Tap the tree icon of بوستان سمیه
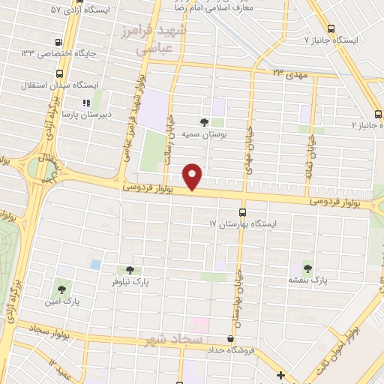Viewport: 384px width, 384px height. click(205, 121)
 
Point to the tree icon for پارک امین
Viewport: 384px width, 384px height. click(60, 286)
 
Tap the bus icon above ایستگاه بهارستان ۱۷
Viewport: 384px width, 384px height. click(241, 212)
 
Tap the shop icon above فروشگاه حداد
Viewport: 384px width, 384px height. click(230, 339)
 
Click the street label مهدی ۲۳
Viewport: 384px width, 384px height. click(289, 73)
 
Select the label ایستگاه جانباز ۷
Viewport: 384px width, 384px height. click(331, 39)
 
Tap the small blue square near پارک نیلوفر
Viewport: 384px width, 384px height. click(95, 264)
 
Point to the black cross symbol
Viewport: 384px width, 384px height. click(280, 375)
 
